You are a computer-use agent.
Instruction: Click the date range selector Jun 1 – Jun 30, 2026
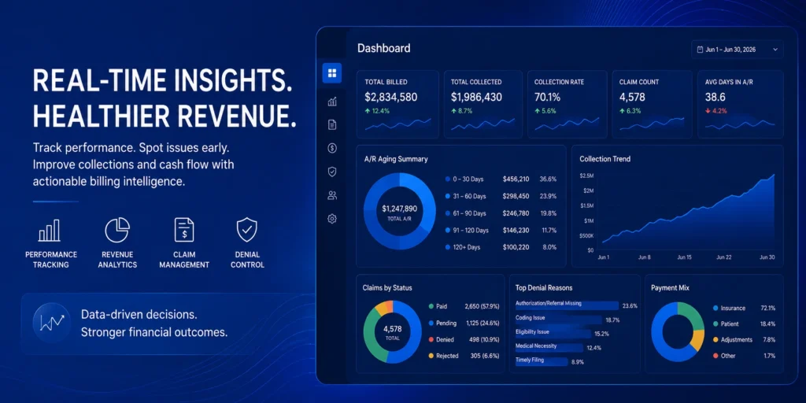737,50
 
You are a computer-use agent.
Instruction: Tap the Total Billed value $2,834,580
390,97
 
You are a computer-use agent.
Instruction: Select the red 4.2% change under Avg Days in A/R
716,110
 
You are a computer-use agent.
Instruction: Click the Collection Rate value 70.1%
547,97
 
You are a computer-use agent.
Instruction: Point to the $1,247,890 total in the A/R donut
399,209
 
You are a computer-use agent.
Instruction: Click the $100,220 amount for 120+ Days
516,247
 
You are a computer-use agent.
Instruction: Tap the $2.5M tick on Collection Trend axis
586,176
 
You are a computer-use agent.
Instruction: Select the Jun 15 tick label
684,257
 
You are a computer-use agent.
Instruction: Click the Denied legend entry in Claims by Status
441,340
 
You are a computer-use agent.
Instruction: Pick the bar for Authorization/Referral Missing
567,305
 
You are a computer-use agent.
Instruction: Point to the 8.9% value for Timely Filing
578,362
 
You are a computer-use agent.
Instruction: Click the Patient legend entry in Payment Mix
726,324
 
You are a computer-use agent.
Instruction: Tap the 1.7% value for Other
770,356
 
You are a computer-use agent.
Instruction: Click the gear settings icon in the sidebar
332,219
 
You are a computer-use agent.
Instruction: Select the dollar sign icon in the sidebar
332,149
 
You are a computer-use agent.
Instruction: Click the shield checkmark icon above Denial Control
246,230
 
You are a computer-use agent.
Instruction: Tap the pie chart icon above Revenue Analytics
117,230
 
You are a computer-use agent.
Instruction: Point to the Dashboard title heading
384,49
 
